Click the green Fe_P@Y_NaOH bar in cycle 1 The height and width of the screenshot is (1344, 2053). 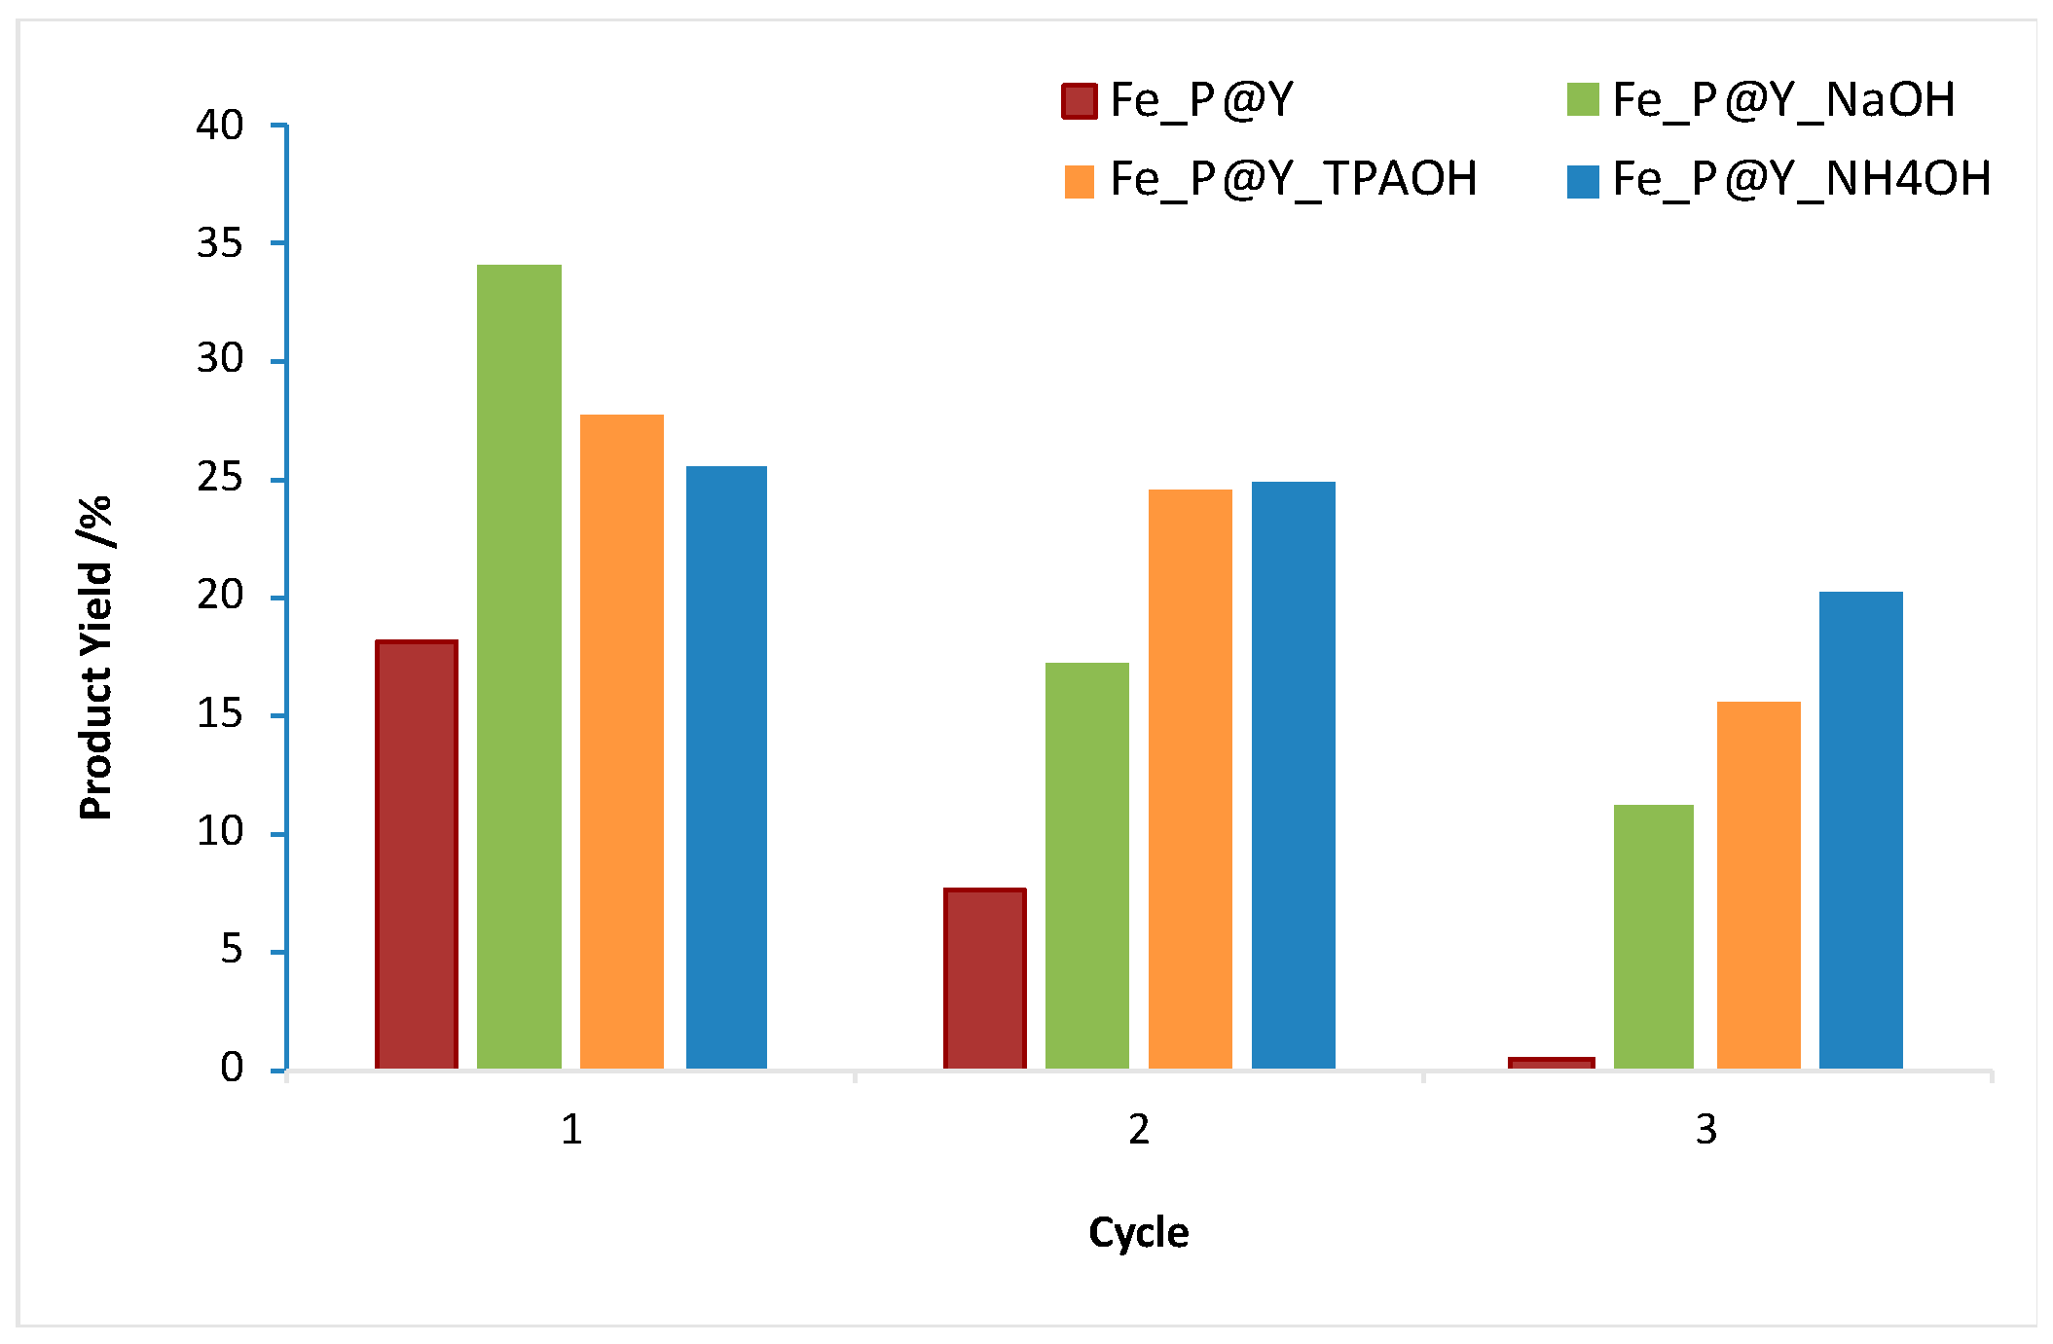pyautogui.click(x=519, y=667)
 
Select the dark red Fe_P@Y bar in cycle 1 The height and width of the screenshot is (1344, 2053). pyautogui.click(x=417, y=854)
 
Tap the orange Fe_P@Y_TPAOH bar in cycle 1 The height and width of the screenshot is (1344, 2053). pyautogui.click(x=622, y=742)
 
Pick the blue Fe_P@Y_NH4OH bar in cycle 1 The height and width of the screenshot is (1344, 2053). pyautogui.click(x=726, y=767)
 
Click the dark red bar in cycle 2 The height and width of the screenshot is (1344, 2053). pyautogui.click(x=984, y=978)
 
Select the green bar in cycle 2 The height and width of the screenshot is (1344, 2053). pyautogui.click(x=1087, y=865)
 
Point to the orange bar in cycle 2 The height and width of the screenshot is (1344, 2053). pyautogui.click(x=1190, y=779)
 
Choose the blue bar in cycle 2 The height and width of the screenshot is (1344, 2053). pyautogui.click(x=1293, y=775)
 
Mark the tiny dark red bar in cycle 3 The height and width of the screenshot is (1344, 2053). pyautogui.click(x=1552, y=1063)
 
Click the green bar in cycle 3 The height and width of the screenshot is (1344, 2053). pyautogui.click(x=1654, y=936)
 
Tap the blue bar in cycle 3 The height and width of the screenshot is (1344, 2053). pyautogui.click(x=1860, y=830)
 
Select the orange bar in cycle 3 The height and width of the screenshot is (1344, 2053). pyautogui.click(x=1758, y=885)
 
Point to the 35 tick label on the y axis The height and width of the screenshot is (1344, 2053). pyautogui.click(x=220, y=243)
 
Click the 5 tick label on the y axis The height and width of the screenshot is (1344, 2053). pyautogui.click(x=232, y=950)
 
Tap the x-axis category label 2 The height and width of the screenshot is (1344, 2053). pyautogui.click(x=1139, y=1130)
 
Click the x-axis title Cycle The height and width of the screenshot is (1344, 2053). pyautogui.click(x=1138, y=1232)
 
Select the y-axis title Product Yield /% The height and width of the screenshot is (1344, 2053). pyautogui.click(x=96, y=658)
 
